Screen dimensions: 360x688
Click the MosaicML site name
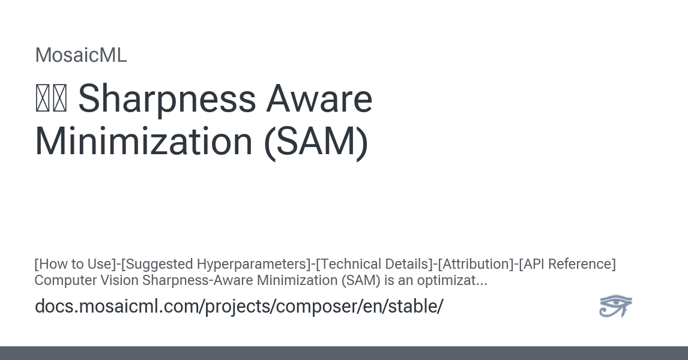click(x=81, y=55)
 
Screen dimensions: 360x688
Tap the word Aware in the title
click(x=320, y=99)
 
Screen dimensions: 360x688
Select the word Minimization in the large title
click(x=143, y=142)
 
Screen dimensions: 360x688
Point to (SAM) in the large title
click(x=316, y=142)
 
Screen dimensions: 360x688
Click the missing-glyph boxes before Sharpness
click(x=51, y=100)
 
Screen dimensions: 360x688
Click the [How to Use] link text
click(x=75, y=264)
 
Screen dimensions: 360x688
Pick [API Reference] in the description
click(x=567, y=264)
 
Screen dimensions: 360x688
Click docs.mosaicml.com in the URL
click(x=116, y=307)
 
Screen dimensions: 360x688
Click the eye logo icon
click(x=615, y=306)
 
